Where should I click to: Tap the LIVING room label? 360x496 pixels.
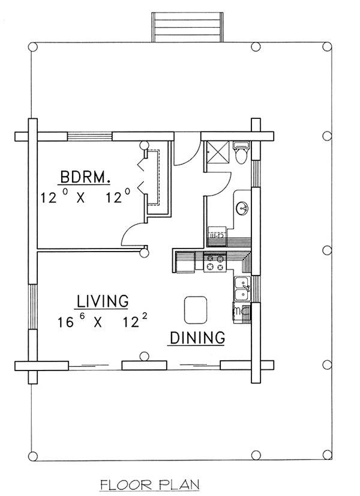click(x=103, y=301)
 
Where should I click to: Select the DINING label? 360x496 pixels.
click(x=197, y=338)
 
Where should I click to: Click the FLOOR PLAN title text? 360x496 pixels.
click(x=150, y=485)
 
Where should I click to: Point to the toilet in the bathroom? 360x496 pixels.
click(x=241, y=152)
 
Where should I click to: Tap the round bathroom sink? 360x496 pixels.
click(x=242, y=208)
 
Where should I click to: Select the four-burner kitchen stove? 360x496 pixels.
click(x=215, y=262)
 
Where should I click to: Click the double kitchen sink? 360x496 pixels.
click(x=242, y=288)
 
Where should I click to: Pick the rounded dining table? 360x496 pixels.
click(x=196, y=310)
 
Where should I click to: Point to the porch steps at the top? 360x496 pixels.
click(x=187, y=27)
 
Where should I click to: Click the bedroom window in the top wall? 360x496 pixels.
click(x=90, y=136)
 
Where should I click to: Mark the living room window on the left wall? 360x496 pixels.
click(x=33, y=306)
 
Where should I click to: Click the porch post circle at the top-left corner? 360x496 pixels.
click(x=33, y=47)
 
